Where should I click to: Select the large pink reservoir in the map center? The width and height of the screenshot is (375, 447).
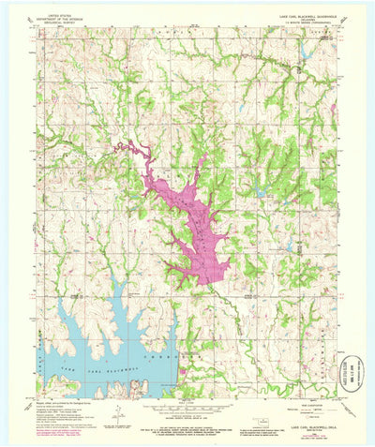200,225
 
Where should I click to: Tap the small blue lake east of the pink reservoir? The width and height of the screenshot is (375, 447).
259,194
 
